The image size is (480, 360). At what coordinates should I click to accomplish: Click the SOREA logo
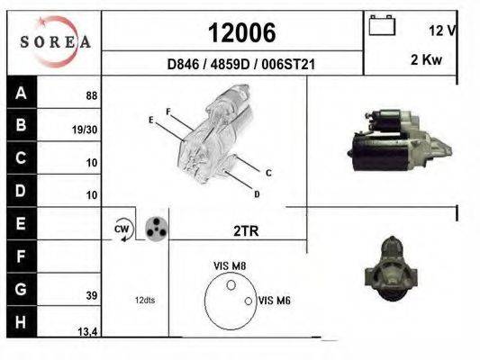click(53, 41)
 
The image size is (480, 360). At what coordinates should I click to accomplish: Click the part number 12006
click(241, 33)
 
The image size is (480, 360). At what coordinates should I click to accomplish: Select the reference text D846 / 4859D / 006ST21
click(240, 65)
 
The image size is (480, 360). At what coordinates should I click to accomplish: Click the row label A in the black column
click(21, 93)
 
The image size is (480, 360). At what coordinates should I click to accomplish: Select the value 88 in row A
click(90, 95)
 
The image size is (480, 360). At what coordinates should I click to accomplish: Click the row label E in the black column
click(21, 221)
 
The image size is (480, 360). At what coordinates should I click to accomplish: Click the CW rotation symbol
click(122, 229)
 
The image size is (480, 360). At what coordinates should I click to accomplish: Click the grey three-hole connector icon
click(157, 229)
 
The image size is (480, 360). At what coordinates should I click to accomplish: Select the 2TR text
click(246, 230)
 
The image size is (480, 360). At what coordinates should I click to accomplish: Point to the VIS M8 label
click(230, 265)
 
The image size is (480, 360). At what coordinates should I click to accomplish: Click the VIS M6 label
click(274, 300)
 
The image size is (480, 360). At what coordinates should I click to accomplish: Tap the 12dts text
click(145, 300)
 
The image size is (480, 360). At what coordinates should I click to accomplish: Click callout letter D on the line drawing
click(257, 194)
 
